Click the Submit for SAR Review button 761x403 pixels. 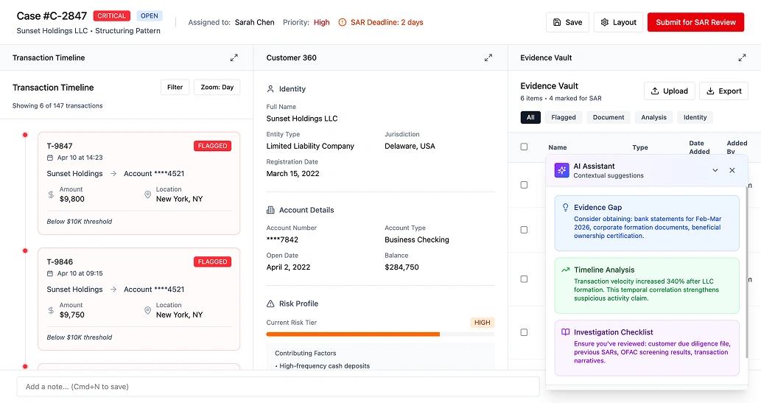click(695, 22)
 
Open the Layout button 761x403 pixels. click(618, 22)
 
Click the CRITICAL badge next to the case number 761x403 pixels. click(112, 15)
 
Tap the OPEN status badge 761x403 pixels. click(150, 15)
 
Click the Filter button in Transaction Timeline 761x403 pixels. click(175, 87)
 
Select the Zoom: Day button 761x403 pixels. click(217, 87)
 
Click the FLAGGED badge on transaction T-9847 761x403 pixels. click(212, 146)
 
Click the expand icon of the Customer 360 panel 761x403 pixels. click(488, 57)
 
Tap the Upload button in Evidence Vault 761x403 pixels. click(668, 91)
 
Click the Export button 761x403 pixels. click(723, 91)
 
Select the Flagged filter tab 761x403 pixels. click(564, 117)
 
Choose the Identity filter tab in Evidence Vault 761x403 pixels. click(695, 117)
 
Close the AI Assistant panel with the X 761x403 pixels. click(732, 170)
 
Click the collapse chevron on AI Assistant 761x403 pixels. click(715, 170)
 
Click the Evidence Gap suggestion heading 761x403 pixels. click(597, 208)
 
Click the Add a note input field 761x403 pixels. click(278, 387)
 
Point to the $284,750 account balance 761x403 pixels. click(401, 267)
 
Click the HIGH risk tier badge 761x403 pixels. click(482, 323)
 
